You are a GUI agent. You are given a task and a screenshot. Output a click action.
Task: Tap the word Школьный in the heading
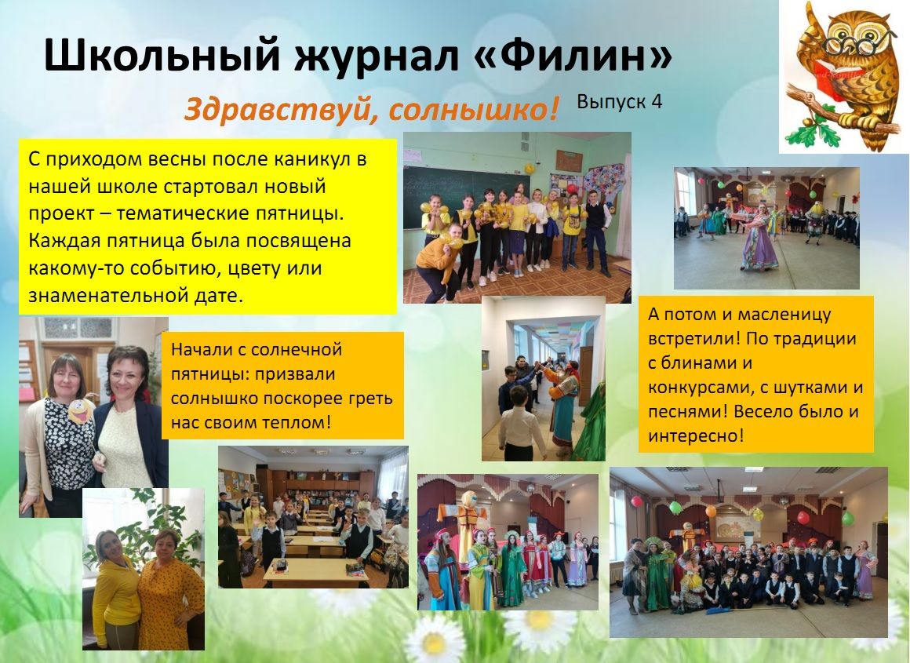[x=162, y=56]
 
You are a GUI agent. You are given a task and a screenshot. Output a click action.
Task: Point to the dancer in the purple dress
[x=759, y=238]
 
